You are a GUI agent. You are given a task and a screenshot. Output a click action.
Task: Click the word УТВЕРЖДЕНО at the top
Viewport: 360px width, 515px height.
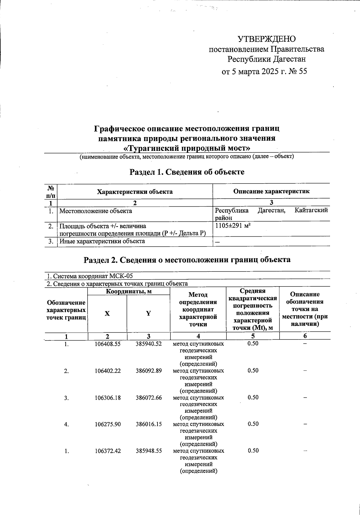[x=266, y=39]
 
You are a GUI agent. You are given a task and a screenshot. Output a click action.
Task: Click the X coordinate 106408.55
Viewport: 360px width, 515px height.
[x=107, y=344]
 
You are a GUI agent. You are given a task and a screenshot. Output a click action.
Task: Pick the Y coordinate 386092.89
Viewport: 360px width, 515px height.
[x=148, y=371]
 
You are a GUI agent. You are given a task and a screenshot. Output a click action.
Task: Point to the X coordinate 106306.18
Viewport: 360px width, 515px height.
[x=107, y=398]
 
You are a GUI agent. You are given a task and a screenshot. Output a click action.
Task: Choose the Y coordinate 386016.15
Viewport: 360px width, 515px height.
[x=148, y=424]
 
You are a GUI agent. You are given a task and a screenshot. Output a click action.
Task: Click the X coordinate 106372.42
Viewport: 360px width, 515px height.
[x=107, y=451]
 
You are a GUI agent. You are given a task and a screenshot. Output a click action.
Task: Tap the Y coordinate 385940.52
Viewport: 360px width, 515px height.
[x=148, y=344]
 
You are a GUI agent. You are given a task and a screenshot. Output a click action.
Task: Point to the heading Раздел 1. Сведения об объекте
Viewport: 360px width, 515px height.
[x=187, y=172]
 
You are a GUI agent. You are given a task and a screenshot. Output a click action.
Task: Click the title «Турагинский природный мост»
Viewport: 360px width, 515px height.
[x=187, y=148]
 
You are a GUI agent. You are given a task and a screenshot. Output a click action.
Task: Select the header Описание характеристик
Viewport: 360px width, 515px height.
[x=271, y=191]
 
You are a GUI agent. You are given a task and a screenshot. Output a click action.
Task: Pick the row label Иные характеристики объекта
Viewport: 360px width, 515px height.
[x=102, y=241]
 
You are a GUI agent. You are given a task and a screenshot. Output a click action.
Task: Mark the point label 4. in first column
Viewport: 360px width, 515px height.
[x=66, y=424]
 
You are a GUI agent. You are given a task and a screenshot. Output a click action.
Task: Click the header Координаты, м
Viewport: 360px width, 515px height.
[x=128, y=291]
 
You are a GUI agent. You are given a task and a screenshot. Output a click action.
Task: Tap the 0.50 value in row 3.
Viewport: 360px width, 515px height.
[x=253, y=397]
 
